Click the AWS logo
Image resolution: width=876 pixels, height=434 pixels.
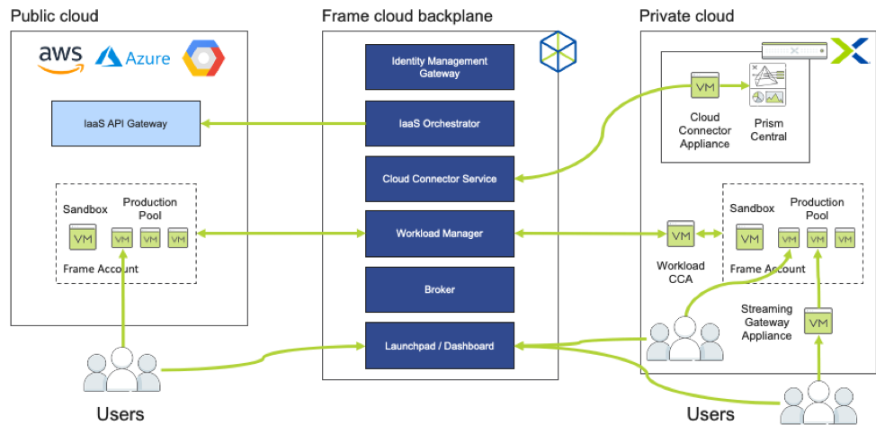(x=60, y=58)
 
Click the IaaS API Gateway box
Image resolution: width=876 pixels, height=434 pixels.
(x=126, y=124)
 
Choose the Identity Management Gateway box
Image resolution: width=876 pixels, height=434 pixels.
(x=440, y=67)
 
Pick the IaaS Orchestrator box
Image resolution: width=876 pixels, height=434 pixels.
(x=440, y=124)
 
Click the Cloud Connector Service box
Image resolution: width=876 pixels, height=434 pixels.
(x=440, y=179)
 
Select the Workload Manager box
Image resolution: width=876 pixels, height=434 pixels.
(x=440, y=234)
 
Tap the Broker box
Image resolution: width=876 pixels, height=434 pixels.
(x=440, y=289)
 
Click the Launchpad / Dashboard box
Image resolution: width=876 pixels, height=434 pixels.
(x=440, y=345)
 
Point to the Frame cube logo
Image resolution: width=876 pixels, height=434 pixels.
(x=558, y=51)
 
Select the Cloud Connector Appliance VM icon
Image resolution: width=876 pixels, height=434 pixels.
(x=704, y=87)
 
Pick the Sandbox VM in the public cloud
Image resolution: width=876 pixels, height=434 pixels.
(x=84, y=239)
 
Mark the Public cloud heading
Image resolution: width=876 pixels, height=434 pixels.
(x=54, y=15)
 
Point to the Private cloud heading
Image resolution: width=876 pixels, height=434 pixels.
(x=686, y=15)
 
